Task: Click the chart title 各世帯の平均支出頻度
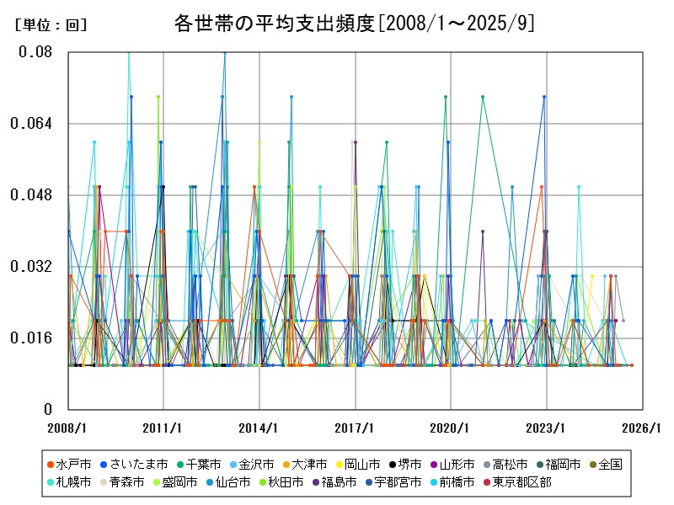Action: click(x=353, y=22)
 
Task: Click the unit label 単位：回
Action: click(x=51, y=25)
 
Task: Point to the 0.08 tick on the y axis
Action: click(x=35, y=52)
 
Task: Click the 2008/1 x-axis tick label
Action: click(x=67, y=428)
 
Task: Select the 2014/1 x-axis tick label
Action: click(x=259, y=428)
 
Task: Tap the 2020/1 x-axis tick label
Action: click(x=450, y=428)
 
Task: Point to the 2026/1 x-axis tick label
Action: click(x=641, y=428)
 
